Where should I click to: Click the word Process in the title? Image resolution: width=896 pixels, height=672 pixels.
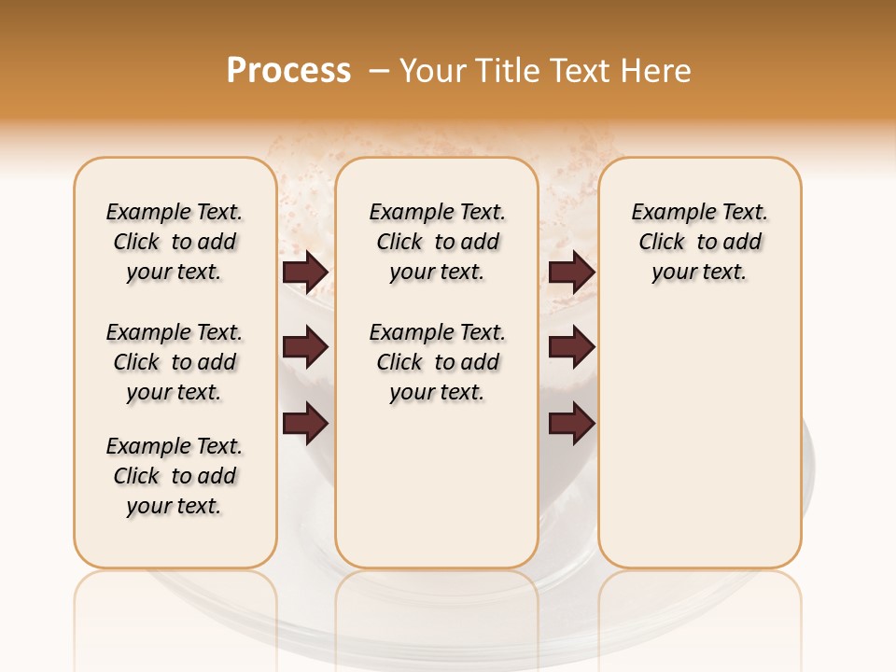click(288, 71)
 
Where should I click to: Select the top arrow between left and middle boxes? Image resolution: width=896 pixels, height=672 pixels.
click(305, 272)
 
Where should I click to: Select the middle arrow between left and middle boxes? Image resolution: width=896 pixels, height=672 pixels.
click(305, 347)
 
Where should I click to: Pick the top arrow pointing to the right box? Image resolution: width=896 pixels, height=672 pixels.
click(572, 272)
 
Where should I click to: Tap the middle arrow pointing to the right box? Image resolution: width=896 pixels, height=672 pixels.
click(572, 347)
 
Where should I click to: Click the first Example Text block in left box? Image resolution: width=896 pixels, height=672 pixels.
click(175, 242)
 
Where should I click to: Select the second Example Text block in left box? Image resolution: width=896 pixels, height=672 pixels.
click(175, 362)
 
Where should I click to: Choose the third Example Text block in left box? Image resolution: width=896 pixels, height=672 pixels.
click(175, 476)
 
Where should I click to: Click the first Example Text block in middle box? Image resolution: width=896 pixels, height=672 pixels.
click(437, 242)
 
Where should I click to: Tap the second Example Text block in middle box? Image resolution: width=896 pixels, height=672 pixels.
click(437, 362)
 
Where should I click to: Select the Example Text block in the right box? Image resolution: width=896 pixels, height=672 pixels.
click(699, 242)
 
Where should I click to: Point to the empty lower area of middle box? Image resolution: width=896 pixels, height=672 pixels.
click(437, 485)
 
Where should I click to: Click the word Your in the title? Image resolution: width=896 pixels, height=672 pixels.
click(434, 71)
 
